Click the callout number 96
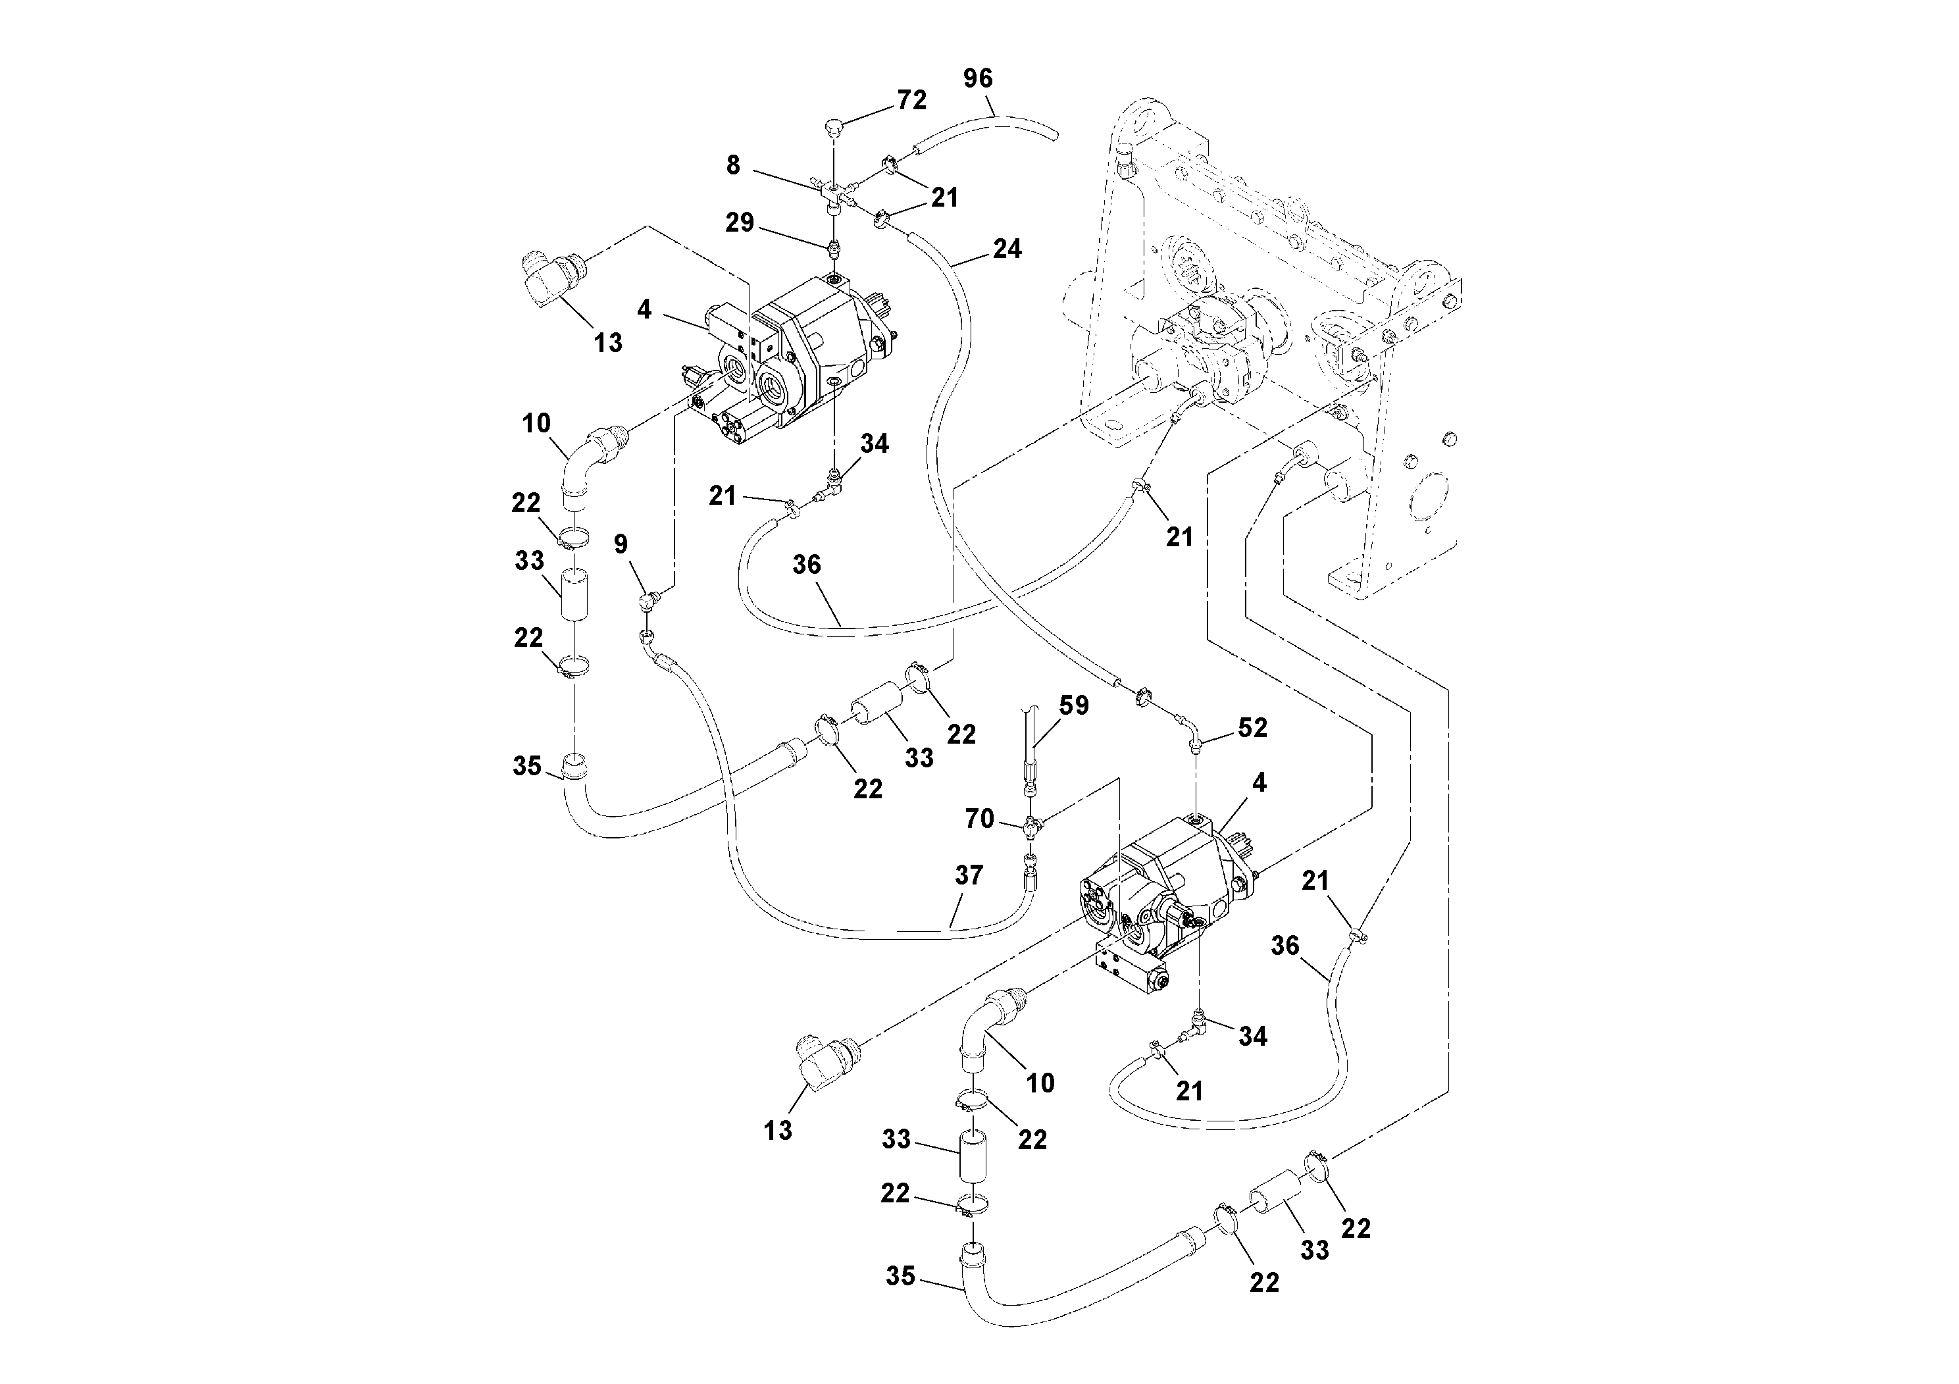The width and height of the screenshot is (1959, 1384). coord(978,78)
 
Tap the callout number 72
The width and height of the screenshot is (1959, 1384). coord(911,101)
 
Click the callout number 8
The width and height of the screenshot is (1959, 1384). coord(733,166)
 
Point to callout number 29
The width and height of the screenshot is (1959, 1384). coord(740,222)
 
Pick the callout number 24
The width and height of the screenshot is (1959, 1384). coord(1007,249)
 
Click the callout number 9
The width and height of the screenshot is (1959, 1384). coord(621,544)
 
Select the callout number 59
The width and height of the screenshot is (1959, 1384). coord(1074,705)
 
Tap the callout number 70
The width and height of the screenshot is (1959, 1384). coord(979,819)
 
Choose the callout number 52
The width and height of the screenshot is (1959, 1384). coord(1252,728)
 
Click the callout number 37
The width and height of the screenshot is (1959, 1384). coord(969,875)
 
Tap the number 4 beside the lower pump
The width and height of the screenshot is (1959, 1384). coord(1258,783)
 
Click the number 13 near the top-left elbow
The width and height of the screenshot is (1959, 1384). coord(607,343)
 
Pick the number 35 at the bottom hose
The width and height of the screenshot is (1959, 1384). coord(900,1277)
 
